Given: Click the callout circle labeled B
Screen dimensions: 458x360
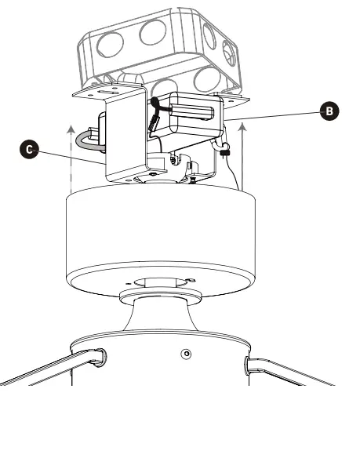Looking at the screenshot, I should (331, 111).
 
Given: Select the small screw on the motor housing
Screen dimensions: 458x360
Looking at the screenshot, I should (185, 354).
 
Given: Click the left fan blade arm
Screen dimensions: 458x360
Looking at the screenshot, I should (47, 369).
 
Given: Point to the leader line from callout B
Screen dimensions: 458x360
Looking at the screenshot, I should (275, 115).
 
